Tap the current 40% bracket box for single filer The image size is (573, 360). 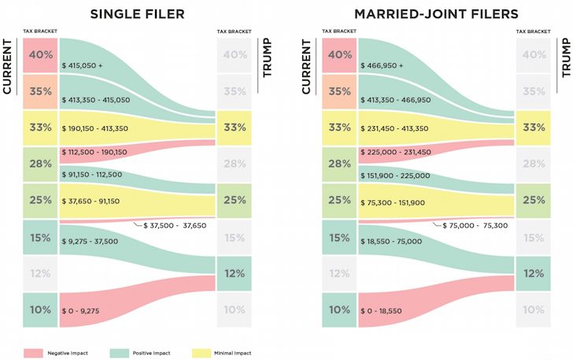point(40,55)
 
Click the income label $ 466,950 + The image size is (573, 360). point(382,66)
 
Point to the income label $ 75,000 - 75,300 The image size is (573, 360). point(475,225)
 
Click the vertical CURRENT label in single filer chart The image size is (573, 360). point(8,68)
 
